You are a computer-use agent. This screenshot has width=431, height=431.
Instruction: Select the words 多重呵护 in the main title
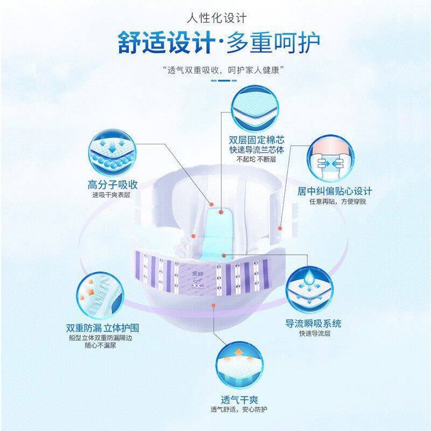point(273,43)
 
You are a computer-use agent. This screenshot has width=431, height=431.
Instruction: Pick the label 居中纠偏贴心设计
point(335,191)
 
